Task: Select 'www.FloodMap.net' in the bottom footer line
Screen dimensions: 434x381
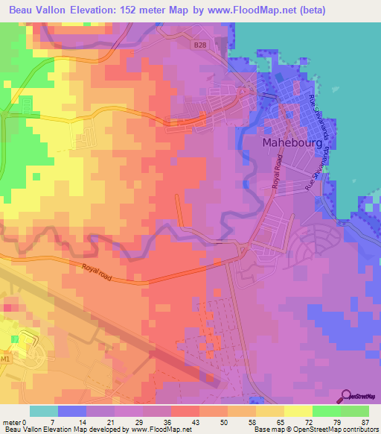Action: pos(159,430)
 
